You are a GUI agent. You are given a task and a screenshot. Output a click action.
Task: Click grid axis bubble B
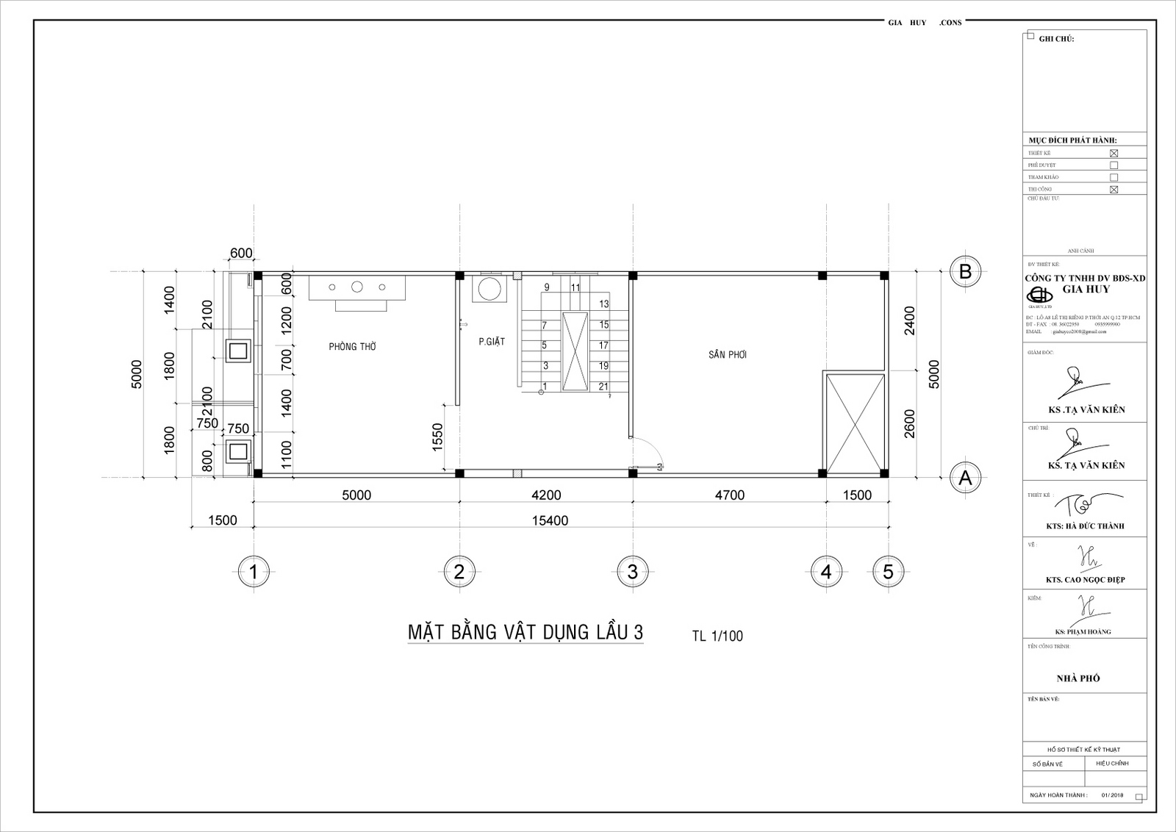(965, 271)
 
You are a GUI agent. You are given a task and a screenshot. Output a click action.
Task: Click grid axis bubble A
(965, 478)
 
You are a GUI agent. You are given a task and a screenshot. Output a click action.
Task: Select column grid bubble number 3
(632, 571)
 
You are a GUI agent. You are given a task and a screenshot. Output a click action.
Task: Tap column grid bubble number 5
(889, 571)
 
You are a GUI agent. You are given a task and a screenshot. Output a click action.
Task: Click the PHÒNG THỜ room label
(352, 347)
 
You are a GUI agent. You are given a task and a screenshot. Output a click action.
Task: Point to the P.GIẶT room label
(492, 342)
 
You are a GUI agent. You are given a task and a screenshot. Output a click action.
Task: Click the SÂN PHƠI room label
(728, 354)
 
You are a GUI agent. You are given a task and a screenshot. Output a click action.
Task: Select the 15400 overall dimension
(550, 520)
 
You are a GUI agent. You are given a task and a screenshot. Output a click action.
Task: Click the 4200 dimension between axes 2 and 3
(545, 495)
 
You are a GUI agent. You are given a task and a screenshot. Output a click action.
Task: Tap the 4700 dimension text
(729, 495)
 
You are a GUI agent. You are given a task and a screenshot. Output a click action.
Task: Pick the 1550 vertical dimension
(438, 437)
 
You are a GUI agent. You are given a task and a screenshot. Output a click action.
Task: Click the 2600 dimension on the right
(910, 424)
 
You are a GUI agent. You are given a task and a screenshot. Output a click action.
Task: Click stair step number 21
(603, 387)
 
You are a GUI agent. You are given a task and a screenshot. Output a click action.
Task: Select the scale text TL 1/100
(717, 636)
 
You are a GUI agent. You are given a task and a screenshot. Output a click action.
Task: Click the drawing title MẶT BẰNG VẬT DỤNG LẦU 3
(525, 633)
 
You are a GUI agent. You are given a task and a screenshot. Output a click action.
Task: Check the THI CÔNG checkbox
(1114, 190)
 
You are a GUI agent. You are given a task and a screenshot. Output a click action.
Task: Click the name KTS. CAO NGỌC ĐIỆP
(1085, 580)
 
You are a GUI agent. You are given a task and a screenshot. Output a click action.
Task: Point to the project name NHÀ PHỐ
(1078, 678)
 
